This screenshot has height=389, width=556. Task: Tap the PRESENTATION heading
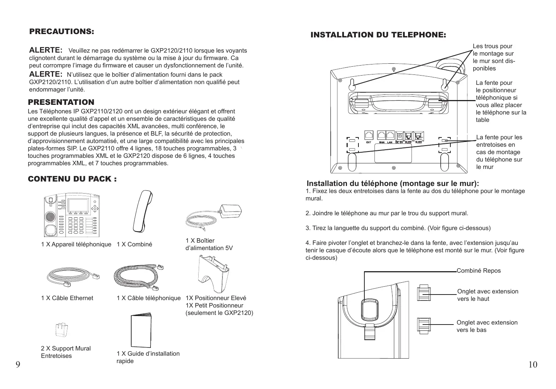click(x=62, y=102)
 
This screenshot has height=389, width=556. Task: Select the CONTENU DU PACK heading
click(x=73, y=179)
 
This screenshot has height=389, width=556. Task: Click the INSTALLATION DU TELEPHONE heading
click(x=378, y=35)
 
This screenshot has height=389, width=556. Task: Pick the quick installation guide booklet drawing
click(x=141, y=331)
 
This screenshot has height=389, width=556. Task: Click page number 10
click(x=533, y=365)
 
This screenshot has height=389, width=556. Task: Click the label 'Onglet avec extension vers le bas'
click(x=487, y=326)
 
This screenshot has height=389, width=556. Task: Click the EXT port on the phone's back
click(x=369, y=136)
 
